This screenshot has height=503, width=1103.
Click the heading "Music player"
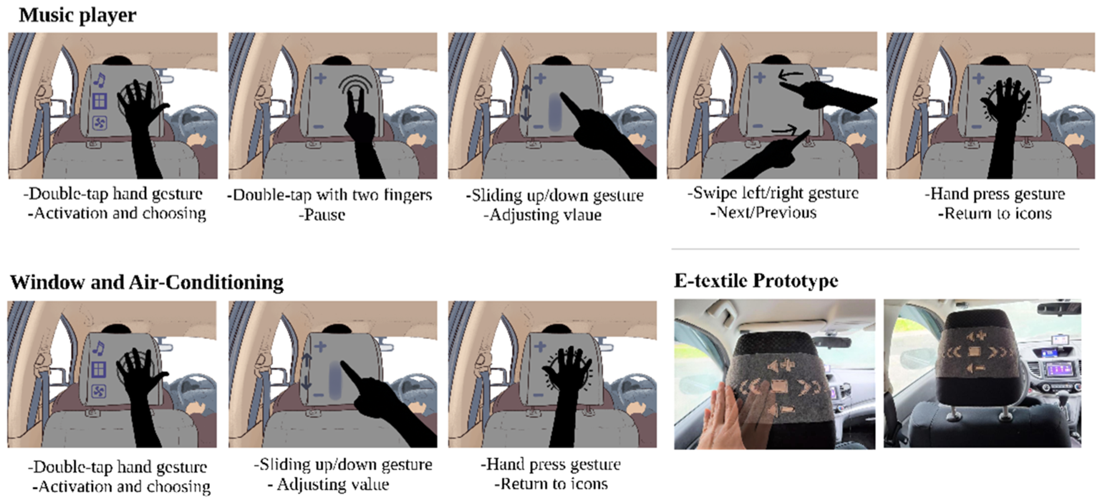78,16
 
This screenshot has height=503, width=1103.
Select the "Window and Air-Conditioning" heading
146,283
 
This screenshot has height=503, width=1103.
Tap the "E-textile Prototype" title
756,281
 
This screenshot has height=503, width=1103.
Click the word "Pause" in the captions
324,215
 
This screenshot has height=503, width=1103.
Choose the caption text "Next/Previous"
766,213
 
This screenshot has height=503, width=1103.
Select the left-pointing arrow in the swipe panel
790,76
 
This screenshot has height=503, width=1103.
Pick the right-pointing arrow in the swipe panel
784,129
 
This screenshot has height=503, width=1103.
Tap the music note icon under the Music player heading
99,80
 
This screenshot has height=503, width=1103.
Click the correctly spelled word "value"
367,485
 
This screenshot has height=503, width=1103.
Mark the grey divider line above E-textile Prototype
875,248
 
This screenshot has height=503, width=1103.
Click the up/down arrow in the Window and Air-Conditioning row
306,372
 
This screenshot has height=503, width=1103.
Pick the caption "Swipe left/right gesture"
773,193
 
